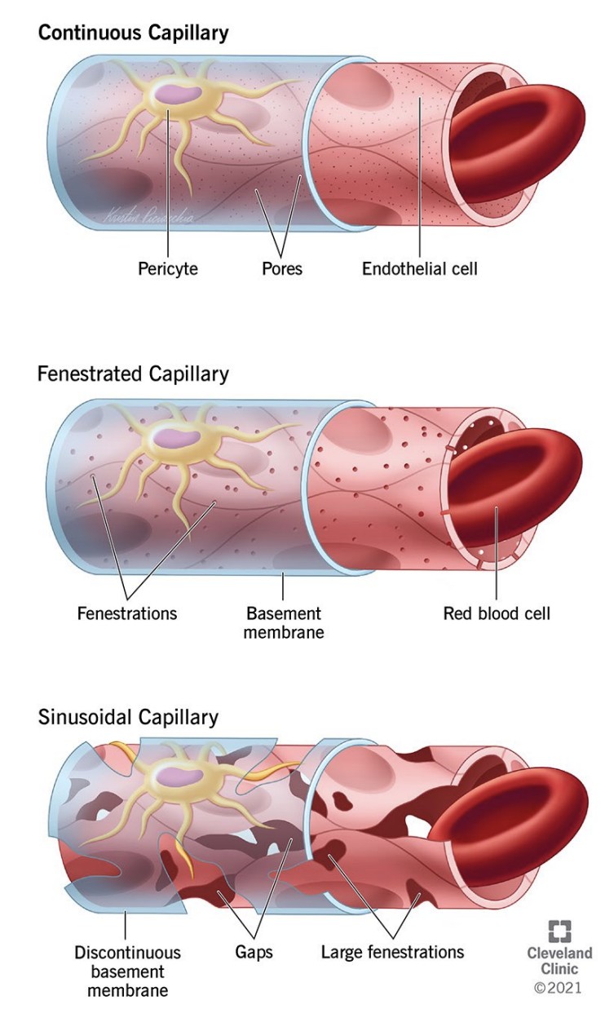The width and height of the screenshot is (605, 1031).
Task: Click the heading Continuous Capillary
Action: click(133, 33)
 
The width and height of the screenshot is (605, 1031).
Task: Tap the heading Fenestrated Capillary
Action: click(133, 374)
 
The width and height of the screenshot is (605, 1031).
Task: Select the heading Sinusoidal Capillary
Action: click(128, 717)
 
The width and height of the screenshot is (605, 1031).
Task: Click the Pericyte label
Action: click(167, 268)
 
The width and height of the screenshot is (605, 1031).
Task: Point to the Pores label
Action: click(282, 268)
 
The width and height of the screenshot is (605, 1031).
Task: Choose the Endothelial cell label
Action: click(419, 268)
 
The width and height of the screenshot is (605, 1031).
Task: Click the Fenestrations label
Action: click(126, 613)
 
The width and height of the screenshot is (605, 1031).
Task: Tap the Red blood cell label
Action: click(497, 613)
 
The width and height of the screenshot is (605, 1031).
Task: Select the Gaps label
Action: click(254, 952)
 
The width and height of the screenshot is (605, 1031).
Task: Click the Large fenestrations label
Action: click(392, 952)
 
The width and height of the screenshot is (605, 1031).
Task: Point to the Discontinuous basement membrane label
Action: click(127, 971)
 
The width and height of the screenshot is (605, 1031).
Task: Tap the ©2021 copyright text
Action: click(559, 989)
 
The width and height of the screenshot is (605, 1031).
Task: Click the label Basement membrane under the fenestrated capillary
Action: click(284, 622)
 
